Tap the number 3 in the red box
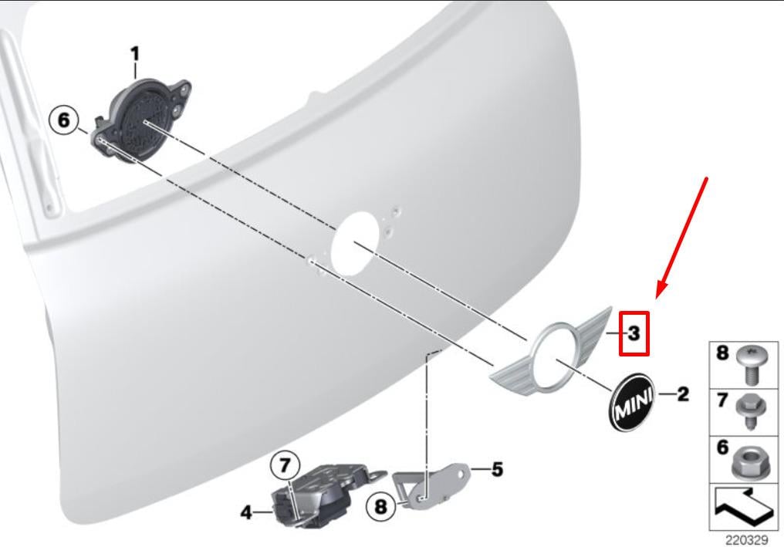pos(634,333)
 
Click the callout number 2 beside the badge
pos(682,394)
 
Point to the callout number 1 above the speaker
pos(135,54)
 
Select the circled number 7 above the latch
pos(285,466)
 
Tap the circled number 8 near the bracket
pos(381,507)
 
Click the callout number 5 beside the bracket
pos(497,470)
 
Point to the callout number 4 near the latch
pos(246,512)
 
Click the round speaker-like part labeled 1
pos(141,120)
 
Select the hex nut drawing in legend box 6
pos(748,462)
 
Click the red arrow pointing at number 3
pos(682,238)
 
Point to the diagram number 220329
pos(746,540)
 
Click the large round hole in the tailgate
pos(356,243)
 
